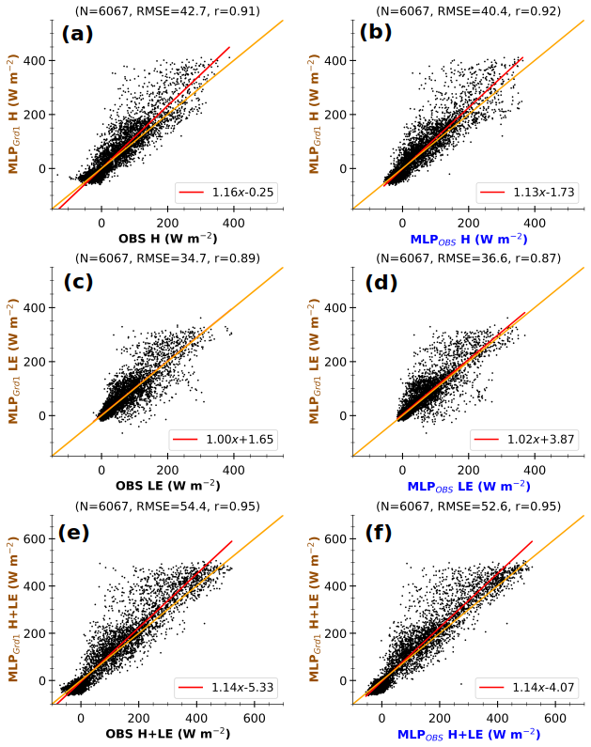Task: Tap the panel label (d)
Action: pyautogui.click(x=377, y=282)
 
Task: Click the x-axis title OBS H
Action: pyautogui.click(x=168, y=238)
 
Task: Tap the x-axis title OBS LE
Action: pyautogui.click(x=168, y=486)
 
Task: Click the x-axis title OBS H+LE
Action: pyautogui.click(x=168, y=733)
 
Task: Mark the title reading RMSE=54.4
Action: pyautogui.click(x=168, y=505)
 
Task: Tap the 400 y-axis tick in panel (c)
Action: pyautogui.click(x=37, y=307)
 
